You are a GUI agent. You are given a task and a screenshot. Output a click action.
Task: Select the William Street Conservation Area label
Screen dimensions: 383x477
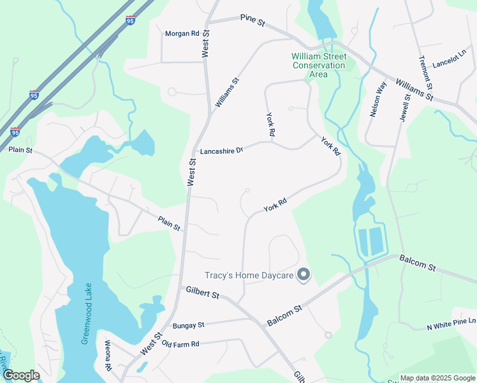(318, 66)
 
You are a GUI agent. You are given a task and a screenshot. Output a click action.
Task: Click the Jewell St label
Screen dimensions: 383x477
(405, 103)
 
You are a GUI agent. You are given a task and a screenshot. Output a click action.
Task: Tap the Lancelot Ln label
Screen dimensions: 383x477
(450, 61)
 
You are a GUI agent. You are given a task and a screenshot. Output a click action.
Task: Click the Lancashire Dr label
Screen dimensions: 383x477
(222, 151)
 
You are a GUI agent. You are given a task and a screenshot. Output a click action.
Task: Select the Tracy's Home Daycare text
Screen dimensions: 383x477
(248, 276)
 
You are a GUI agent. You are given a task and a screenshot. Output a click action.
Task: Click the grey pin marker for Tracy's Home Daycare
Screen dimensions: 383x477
(304, 275)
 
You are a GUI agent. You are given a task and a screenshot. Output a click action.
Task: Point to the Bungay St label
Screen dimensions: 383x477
(188, 326)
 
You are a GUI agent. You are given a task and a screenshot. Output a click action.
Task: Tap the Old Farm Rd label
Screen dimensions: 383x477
(180, 344)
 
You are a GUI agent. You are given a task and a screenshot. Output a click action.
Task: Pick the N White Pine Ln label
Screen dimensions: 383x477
(451, 325)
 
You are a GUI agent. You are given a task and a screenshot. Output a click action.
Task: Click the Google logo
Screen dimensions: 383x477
(21, 375)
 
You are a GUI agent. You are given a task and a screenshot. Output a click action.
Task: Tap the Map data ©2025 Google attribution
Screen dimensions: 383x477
(437, 378)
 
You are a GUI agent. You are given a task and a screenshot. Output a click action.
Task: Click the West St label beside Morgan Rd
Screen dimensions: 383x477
(205, 44)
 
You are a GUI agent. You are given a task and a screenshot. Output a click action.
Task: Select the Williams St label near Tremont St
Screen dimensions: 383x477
(414, 90)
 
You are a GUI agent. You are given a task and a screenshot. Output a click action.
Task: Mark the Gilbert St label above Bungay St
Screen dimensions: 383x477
(202, 292)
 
